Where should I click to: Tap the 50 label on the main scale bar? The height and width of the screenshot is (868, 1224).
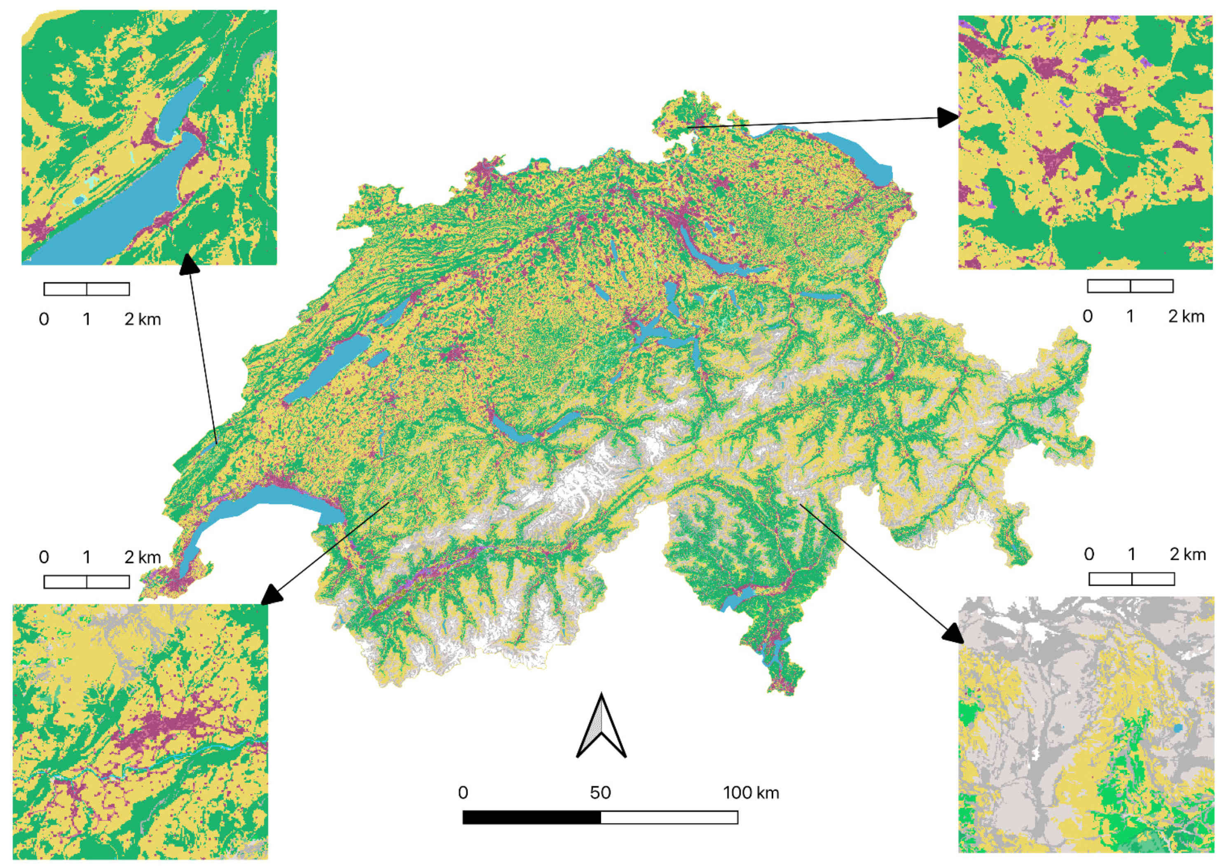(x=600, y=792)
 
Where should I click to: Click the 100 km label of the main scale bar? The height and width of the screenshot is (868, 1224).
(x=751, y=792)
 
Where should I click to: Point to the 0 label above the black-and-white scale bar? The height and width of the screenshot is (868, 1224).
(x=463, y=792)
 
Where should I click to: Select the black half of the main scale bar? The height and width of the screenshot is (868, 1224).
(x=531, y=817)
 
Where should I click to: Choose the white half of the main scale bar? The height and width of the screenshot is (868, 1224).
(x=669, y=817)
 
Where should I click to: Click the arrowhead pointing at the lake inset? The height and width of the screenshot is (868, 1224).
(x=188, y=263)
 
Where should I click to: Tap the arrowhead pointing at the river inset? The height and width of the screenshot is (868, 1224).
(x=273, y=595)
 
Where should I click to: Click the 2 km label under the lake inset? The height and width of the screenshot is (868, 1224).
(x=142, y=319)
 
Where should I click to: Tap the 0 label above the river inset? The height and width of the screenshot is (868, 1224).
(x=44, y=557)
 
